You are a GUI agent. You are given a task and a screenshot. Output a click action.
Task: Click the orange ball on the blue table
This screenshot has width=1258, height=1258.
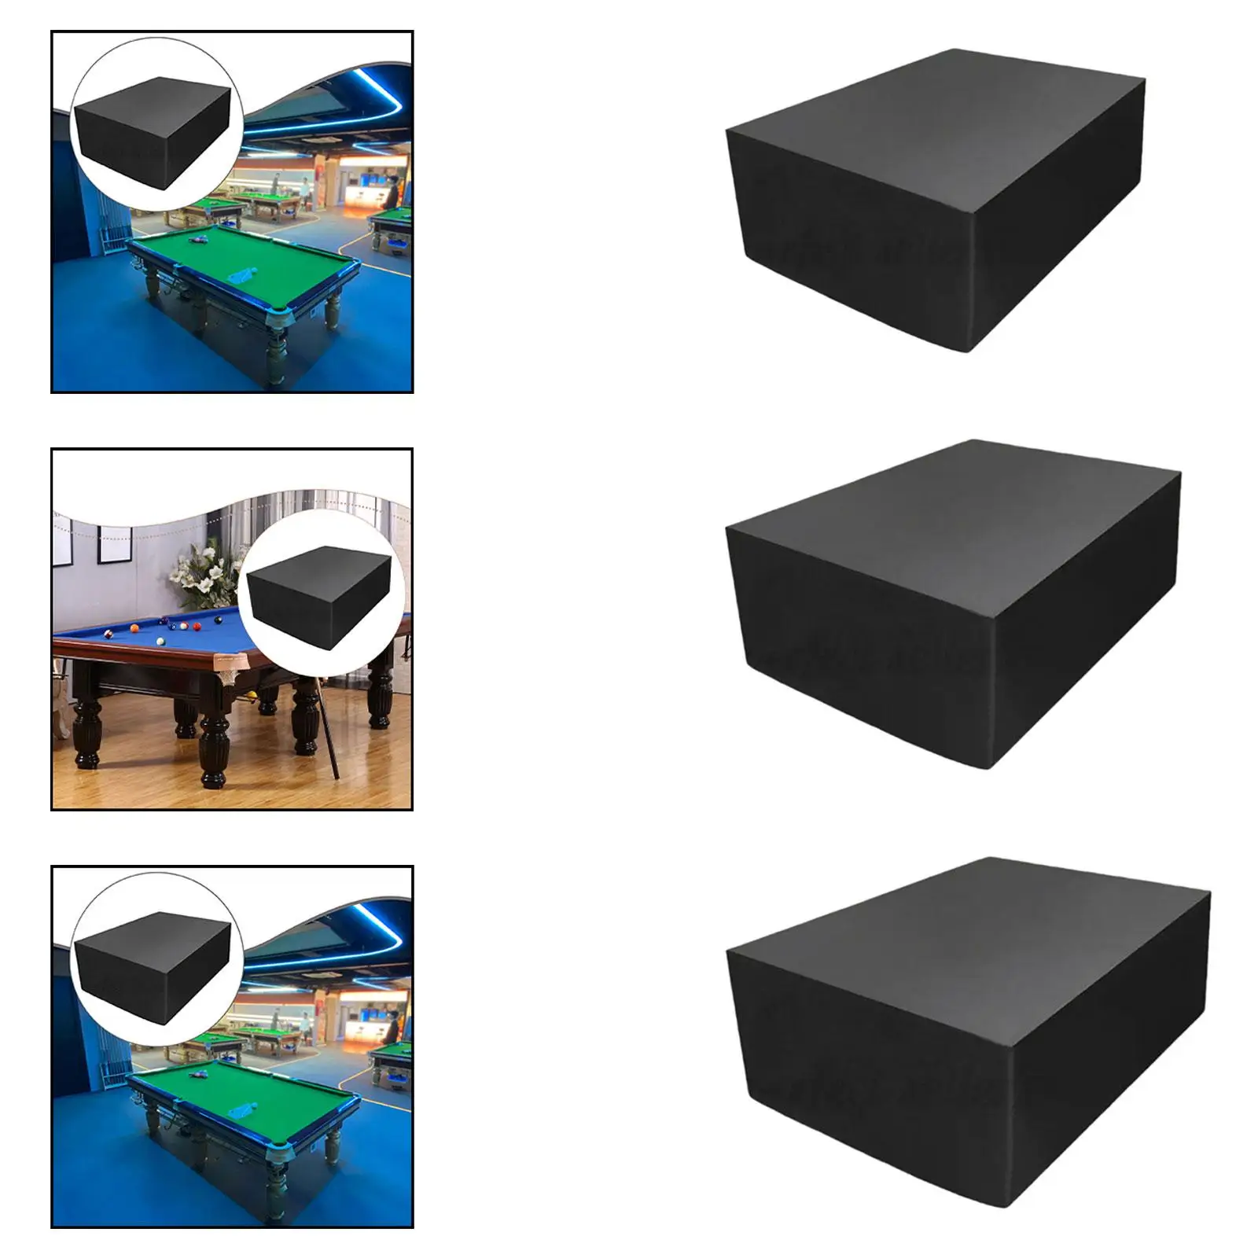pos(134,628)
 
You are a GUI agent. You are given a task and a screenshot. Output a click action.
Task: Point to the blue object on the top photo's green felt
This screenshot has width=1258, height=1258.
pos(239,275)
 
